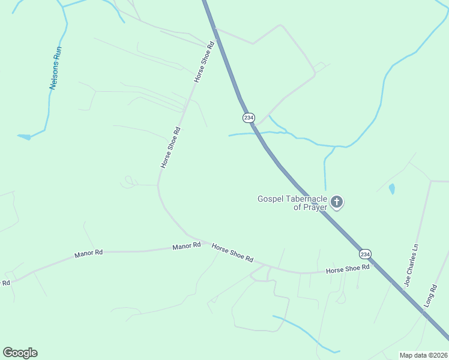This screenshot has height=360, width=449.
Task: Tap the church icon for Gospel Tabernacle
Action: click(337, 202)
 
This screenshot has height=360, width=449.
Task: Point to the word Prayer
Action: click(315, 207)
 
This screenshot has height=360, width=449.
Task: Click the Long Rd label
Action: click(430, 296)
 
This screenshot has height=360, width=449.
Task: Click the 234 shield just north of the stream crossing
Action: click(249, 118)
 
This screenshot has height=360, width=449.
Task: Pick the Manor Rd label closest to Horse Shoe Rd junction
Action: click(186, 247)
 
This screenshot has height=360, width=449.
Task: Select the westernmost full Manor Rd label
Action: click(89, 254)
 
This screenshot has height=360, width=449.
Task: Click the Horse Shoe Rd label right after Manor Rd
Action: click(232, 252)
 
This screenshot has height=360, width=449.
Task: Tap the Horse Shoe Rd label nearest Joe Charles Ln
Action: click(348, 269)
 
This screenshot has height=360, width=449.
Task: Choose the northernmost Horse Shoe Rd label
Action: click(204, 62)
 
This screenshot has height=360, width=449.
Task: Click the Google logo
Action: click(20, 353)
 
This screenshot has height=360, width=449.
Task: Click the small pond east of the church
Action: click(392, 189)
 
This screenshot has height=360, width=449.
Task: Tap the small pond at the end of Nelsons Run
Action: click(24, 137)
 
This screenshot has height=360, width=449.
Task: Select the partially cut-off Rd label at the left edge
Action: click(6, 282)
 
